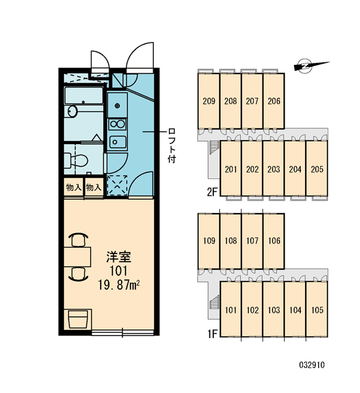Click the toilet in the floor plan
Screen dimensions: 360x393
pyautogui.click(x=76, y=160)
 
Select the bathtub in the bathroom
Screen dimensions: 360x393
pyautogui.click(x=84, y=95)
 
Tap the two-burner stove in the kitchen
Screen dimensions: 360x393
pyautogui.click(x=117, y=124)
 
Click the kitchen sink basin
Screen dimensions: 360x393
pyautogui.click(x=117, y=142)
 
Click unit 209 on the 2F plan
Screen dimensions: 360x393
pyautogui.click(x=209, y=101)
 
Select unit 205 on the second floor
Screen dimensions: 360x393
pyautogui.click(x=317, y=169)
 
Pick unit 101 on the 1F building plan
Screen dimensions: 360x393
pyautogui.click(x=230, y=310)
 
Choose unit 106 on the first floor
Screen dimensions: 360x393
pyautogui.click(x=274, y=241)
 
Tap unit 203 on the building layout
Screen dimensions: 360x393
pyautogui.click(x=274, y=169)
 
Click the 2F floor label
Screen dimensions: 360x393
pyautogui.click(x=212, y=192)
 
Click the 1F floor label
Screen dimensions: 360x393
pyautogui.click(x=212, y=333)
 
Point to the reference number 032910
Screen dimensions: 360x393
pyautogui.click(x=312, y=365)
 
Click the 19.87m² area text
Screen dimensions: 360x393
pyautogui.click(x=118, y=285)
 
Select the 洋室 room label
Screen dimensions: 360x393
pyautogui.click(x=118, y=257)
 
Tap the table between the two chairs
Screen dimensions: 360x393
pyautogui.click(x=77, y=257)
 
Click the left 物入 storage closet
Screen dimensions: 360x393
pyautogui.click(x=73, y=187)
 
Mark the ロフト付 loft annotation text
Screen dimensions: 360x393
pyautogui.click(x=172, y=146)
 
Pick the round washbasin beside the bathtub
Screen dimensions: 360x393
pyautogui.click(x=73, y=111)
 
